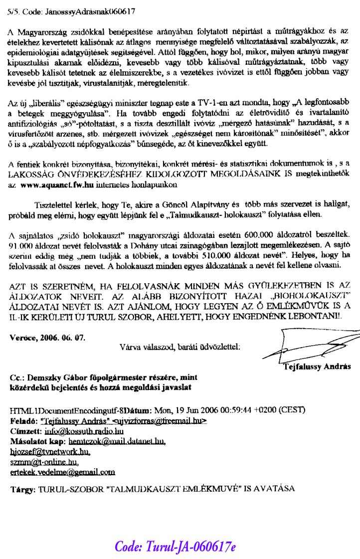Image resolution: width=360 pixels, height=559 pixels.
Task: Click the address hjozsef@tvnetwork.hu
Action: (x=50, y=451)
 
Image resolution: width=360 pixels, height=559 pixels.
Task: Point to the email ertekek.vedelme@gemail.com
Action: (x=62, y=471)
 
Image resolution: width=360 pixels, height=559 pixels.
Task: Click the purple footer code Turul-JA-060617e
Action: (x=175, y=546)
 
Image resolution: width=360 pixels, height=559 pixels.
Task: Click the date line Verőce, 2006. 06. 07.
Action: (x=47, y=337)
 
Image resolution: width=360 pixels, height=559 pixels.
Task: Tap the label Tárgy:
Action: (x=22, y=490)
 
